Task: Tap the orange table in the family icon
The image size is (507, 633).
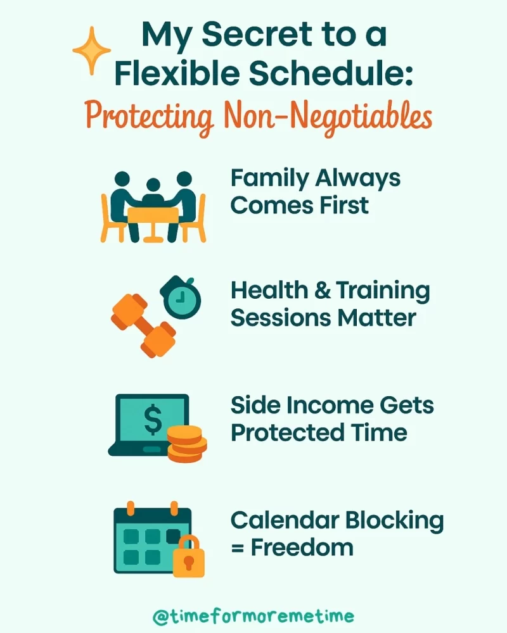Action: coord(153,217)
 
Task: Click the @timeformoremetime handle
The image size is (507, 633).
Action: coord(253,615)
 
